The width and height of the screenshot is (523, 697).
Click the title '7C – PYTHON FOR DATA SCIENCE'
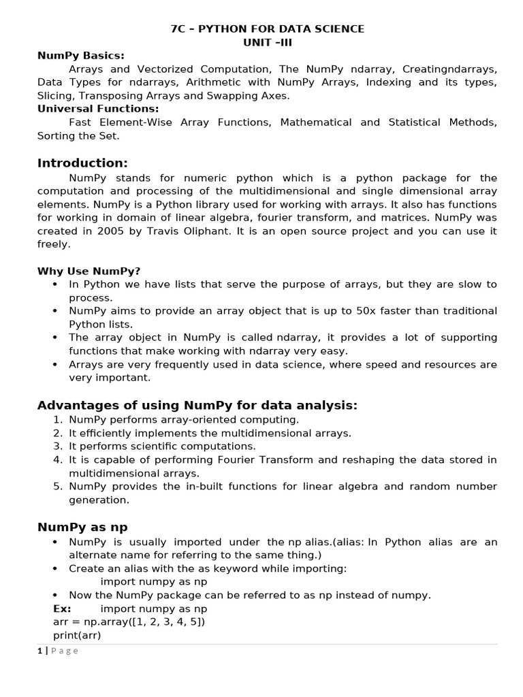pos(267,29)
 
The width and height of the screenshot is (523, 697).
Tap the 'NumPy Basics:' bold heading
pos(81,55)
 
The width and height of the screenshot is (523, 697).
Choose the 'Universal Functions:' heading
pos(98,108)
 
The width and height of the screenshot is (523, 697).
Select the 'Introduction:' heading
pos(82,163)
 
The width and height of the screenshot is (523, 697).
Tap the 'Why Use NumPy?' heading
pos(89,271)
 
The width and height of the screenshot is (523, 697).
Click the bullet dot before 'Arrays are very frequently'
pos(54,364)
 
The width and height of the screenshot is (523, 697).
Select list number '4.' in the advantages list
pos(58,459)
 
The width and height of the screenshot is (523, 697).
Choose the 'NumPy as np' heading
pos(82,527)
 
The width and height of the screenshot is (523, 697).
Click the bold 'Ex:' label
pos(62,609)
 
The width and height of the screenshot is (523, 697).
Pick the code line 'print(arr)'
pos(76,635)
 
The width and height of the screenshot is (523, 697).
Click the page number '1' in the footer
pos(39,650)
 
